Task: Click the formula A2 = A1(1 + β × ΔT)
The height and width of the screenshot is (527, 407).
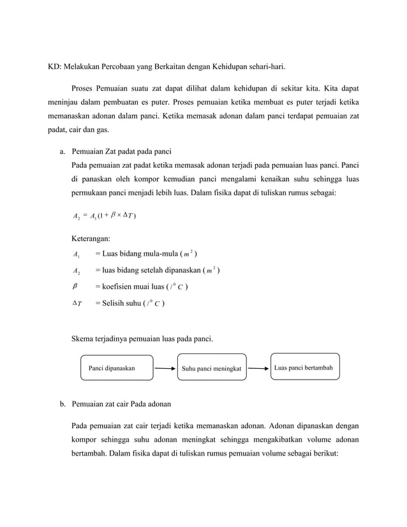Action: click(104, 215)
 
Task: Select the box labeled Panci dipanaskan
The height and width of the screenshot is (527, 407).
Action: click(115, 368)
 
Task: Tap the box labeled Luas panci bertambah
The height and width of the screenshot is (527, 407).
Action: click(303, 367)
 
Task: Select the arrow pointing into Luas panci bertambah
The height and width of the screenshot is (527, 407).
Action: click(258, 368)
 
